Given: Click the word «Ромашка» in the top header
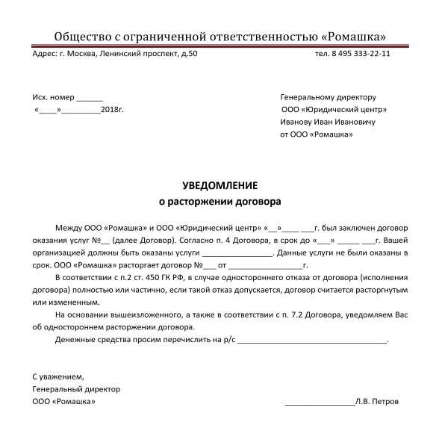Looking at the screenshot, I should click(352, 37).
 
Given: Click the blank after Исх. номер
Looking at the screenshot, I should click(90, 98).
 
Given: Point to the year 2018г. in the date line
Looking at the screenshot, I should click(111, 110).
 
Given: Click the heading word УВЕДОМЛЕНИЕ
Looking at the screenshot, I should click(220, 185).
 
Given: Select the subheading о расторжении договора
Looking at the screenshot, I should click(220, 201).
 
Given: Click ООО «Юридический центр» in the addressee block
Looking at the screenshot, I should click(329, 110).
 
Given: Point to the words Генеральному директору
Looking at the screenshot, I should click(328, 98).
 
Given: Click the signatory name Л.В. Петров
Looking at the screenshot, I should click(378, 401).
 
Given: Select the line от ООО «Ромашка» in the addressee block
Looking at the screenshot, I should click(317, 134).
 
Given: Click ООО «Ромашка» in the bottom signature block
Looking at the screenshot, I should click(63, 401).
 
